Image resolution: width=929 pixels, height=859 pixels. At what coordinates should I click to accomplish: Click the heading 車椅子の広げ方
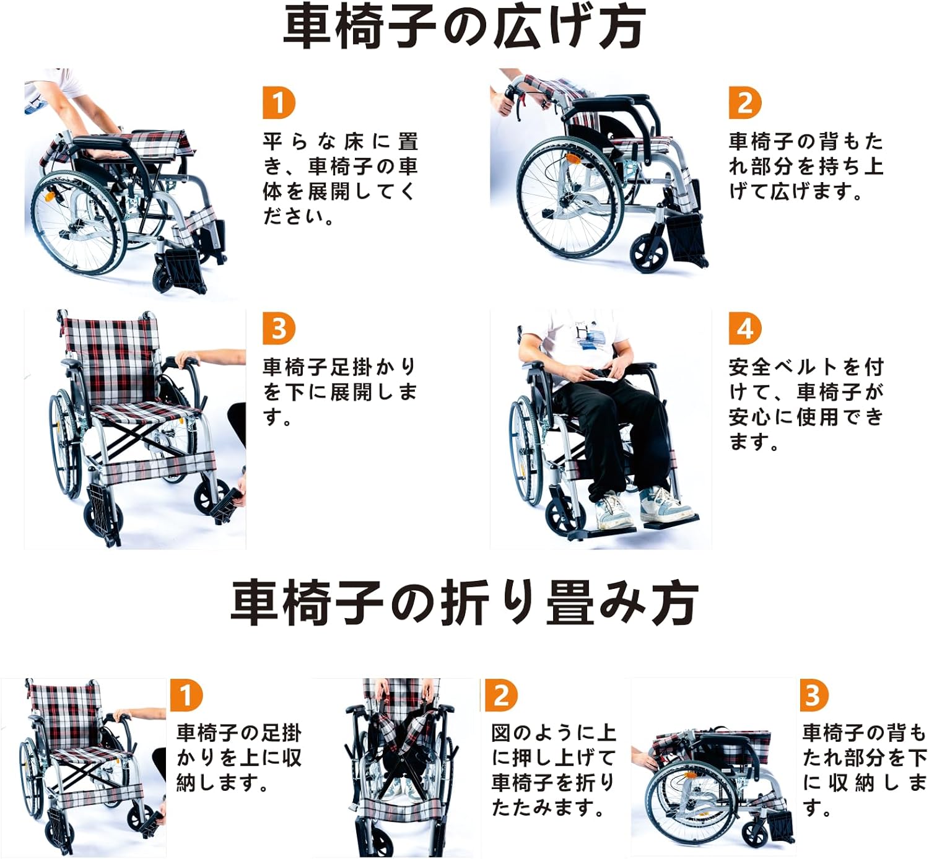(x=464, y=27)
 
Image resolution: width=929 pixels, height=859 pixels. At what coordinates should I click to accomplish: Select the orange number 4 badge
(x=744, y=329)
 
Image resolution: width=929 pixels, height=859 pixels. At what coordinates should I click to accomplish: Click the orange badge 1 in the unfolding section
(x=279, y=103)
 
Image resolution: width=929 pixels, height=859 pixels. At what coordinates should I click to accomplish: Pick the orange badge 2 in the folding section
(x=500, y=695)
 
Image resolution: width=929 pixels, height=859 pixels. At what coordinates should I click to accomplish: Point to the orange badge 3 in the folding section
(x=813, y=695)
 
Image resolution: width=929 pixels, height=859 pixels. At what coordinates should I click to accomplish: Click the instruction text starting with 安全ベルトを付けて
(x=805, y=404)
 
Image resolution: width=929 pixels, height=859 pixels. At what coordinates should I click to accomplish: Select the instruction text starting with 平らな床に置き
(x=340, y=179)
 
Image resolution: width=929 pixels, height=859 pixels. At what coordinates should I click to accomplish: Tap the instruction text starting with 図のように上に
(x=553, y=770)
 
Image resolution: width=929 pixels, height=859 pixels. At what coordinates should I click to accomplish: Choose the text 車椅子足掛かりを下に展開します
(x=339, y=391)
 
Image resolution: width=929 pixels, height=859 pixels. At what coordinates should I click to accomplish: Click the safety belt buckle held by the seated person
(x=598, y=373)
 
